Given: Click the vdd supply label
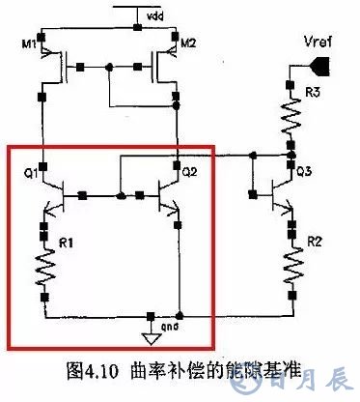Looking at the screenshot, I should (154, 17).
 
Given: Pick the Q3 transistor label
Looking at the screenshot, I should (303, 174).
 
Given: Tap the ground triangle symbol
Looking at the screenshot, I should (149, 337).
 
